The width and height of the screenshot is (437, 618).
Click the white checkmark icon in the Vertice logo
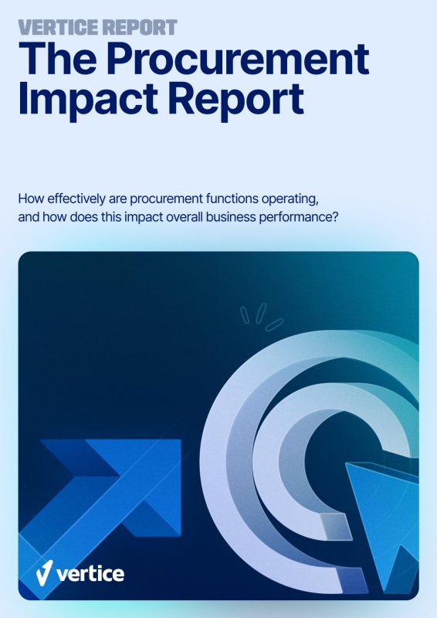point(43,572)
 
